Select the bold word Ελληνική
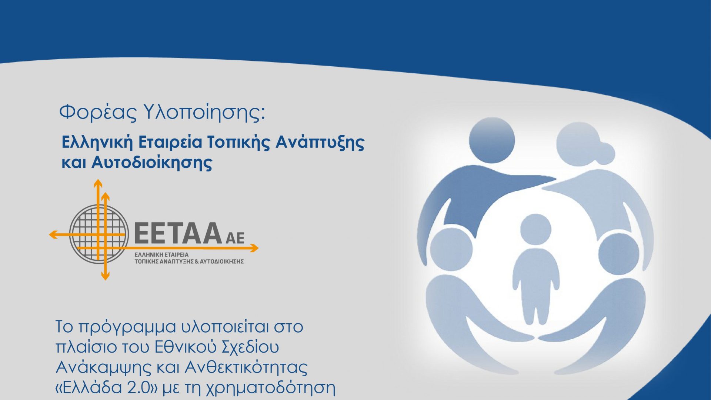click(x=97, y=142)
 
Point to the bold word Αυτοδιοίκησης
click(x=151, y=162)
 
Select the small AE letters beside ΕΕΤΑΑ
click(x=235, y=238)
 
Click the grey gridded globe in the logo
click(x=99, y=233)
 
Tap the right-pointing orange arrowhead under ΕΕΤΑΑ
click(x=254, y=248)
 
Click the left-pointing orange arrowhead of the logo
click(x=54, y=234)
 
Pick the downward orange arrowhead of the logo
click(x=106, y=276)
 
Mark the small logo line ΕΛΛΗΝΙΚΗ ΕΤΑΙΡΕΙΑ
click(x=161, y=255)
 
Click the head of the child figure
click(x=535, y=229)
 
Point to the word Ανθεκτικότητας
click(x=246, y=367)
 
